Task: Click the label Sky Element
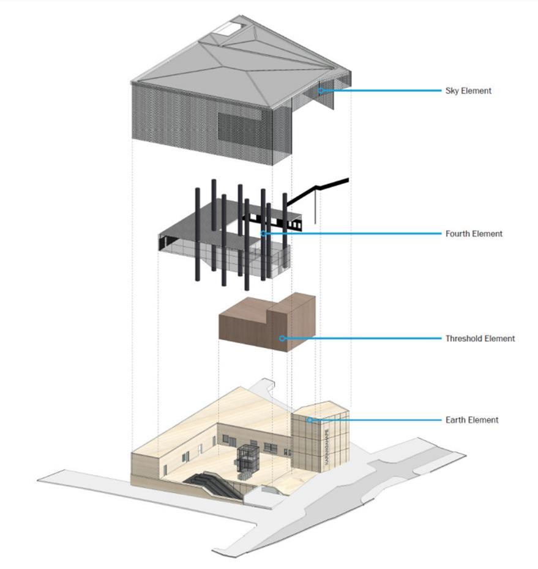(468, 91)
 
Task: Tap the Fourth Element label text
(473, 233)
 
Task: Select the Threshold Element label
(480, 338)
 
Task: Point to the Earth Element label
(471, 420)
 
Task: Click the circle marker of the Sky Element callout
(320, 91)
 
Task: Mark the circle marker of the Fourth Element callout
(263, 233)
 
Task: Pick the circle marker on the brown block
(282, 338)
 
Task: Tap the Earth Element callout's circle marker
(310, 420)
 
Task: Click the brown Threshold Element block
(257, 327)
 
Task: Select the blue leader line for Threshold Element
(361, 338)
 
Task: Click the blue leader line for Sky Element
(379, 91)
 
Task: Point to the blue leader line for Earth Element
(373, 420)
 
